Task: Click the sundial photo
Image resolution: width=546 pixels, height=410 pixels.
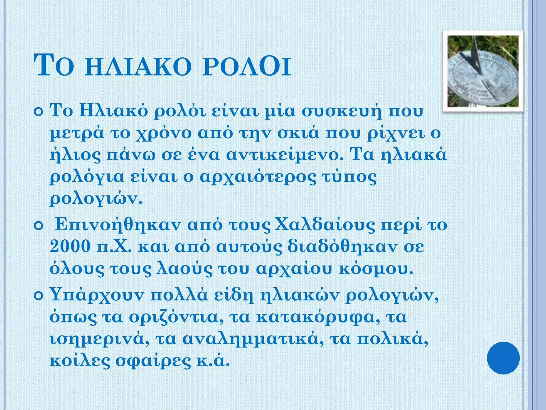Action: [483, 71]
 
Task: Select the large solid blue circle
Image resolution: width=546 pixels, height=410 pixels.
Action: [503, 358]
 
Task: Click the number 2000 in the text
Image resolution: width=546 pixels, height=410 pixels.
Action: [70, 247]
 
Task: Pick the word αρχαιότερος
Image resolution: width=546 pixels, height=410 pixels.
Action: [257, 177]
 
